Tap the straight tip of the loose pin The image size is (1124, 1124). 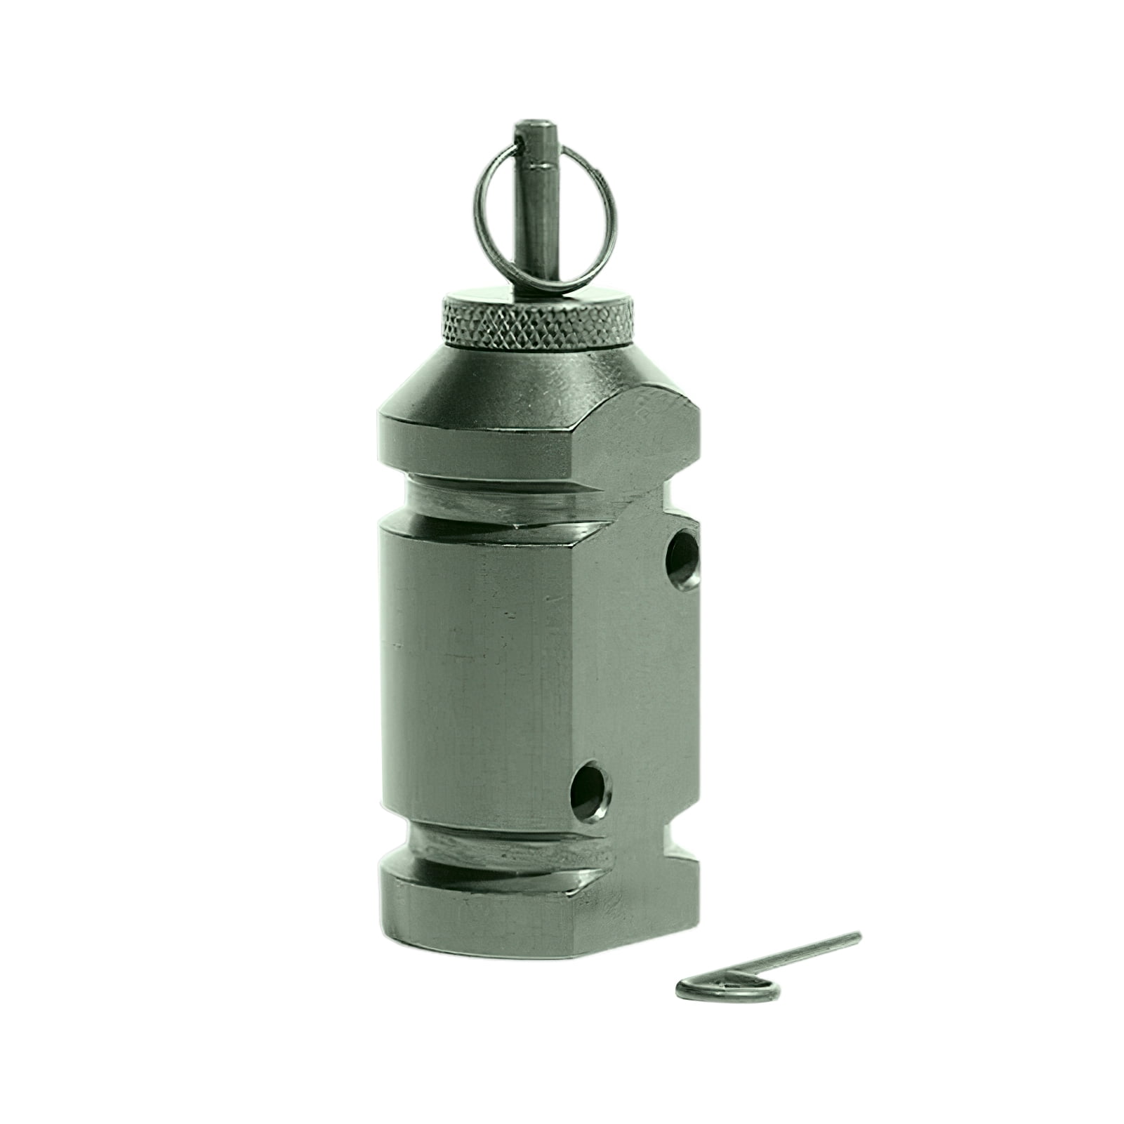pos(854,937)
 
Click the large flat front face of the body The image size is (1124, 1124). pos(477,667)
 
